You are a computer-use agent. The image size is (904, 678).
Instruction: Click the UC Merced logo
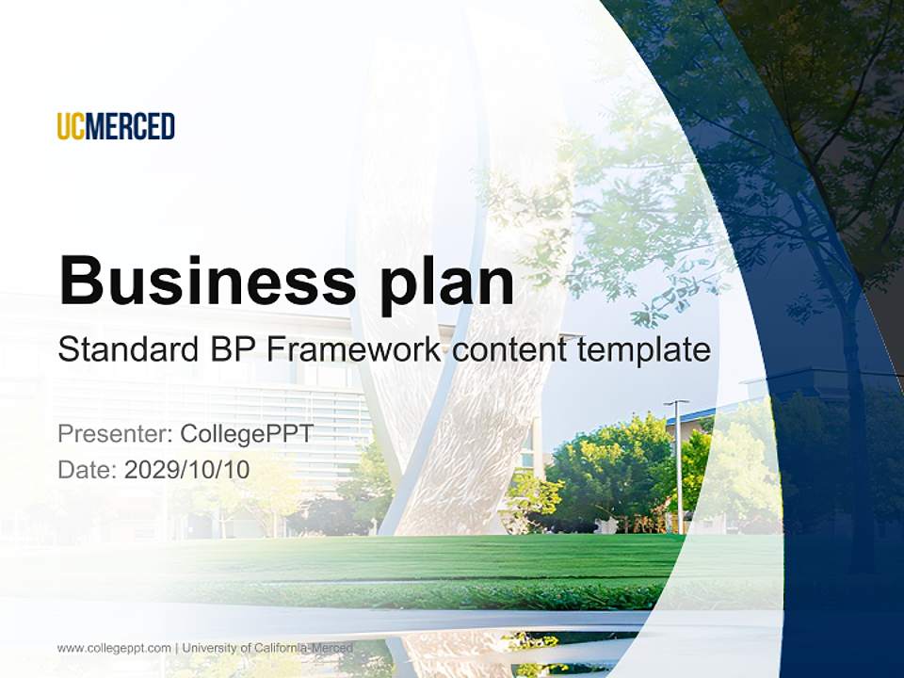[116, 126]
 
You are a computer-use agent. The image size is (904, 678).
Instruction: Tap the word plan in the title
[447, 282]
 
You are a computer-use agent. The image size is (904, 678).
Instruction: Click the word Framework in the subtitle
[352, 350]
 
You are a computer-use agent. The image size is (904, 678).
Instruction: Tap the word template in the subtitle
[642, 350]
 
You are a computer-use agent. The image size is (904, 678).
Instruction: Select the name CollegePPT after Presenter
[247, 434]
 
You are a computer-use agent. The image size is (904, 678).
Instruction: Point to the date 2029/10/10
[187, 470]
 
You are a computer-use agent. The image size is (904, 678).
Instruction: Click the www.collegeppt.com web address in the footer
[114, 648]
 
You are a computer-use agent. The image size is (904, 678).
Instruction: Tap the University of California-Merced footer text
[267, 648]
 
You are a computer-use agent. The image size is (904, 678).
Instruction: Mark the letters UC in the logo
[71, 126]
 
